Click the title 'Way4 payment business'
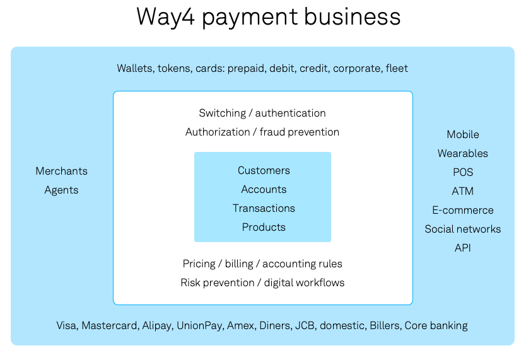268,17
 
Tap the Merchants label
61,171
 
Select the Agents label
61,190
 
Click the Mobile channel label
462,134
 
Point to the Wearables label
462,153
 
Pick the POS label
462,172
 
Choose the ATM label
462,191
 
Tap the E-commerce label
462,210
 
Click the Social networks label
462,229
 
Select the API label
462,248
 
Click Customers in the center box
264,170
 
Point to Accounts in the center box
264,189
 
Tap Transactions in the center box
264,208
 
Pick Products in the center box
264,227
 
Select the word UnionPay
199,325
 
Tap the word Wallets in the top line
134,68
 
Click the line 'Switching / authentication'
262,113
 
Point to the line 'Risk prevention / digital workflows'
262,282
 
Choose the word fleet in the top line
397,68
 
